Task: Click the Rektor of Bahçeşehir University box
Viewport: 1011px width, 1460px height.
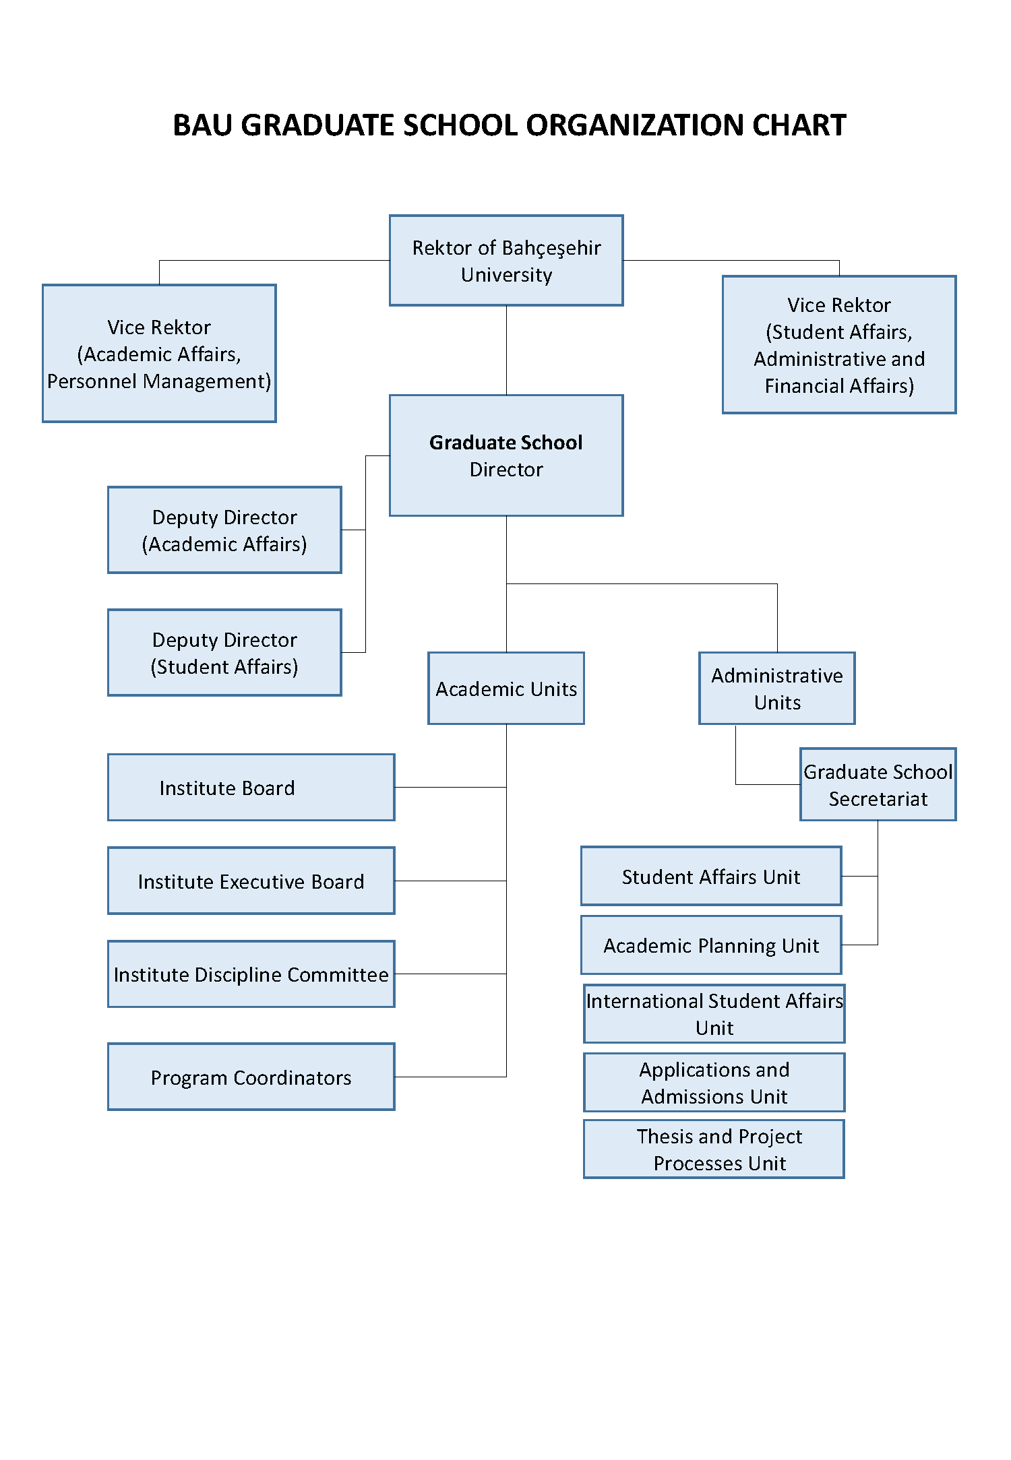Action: (506, 261)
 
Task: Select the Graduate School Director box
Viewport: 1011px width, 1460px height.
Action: (506, 455)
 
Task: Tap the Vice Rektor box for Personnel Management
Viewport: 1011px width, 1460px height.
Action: (159, 354)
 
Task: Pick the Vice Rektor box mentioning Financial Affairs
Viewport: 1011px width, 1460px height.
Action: (839, 345)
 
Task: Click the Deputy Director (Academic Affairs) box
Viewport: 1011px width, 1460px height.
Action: (224, 530)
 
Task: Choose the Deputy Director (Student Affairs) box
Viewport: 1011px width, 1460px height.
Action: (224, 653)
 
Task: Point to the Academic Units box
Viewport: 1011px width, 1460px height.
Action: (506, 689)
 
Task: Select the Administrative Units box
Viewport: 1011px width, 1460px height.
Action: (777, 689)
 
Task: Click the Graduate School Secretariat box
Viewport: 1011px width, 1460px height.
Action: (878, 785)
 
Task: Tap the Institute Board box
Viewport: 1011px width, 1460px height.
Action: (251, 788)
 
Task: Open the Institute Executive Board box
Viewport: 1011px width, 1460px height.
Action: (251, 881)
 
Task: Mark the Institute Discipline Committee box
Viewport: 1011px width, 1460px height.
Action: (251, 974)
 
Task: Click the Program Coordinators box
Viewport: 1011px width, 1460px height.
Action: (251, 1077)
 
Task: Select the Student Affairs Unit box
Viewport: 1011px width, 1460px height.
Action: (711, 877)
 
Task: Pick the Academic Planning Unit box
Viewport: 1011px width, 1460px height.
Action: (711, 945)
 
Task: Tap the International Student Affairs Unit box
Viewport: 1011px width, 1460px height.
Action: (714, 1014)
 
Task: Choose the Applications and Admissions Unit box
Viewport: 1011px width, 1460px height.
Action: (714, 1083)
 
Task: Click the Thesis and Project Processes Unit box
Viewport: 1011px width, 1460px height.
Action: (714, 1149)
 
